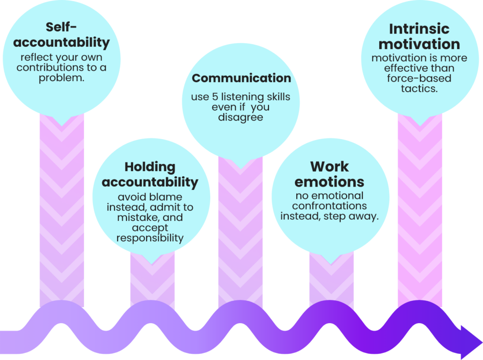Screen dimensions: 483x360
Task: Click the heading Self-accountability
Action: click(x=61, y=35)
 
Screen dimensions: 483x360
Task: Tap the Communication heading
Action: click(x=241, y=78)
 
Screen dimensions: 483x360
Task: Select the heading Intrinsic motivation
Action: click(x=419, y=36)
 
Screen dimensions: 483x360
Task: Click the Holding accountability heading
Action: click(x=150, y=174)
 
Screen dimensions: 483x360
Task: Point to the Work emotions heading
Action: click(x=329, y=174)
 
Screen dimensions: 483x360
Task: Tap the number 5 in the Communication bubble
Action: click(x=215, y=97)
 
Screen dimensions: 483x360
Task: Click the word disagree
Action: click(x=241, y=117)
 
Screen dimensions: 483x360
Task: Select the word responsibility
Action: click(x=150, y=238)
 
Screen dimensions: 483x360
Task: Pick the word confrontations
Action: click(x=329, y=205)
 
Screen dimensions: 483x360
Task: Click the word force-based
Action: click(x=419, y=78)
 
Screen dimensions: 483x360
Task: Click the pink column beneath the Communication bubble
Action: click(x=240, y=234)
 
